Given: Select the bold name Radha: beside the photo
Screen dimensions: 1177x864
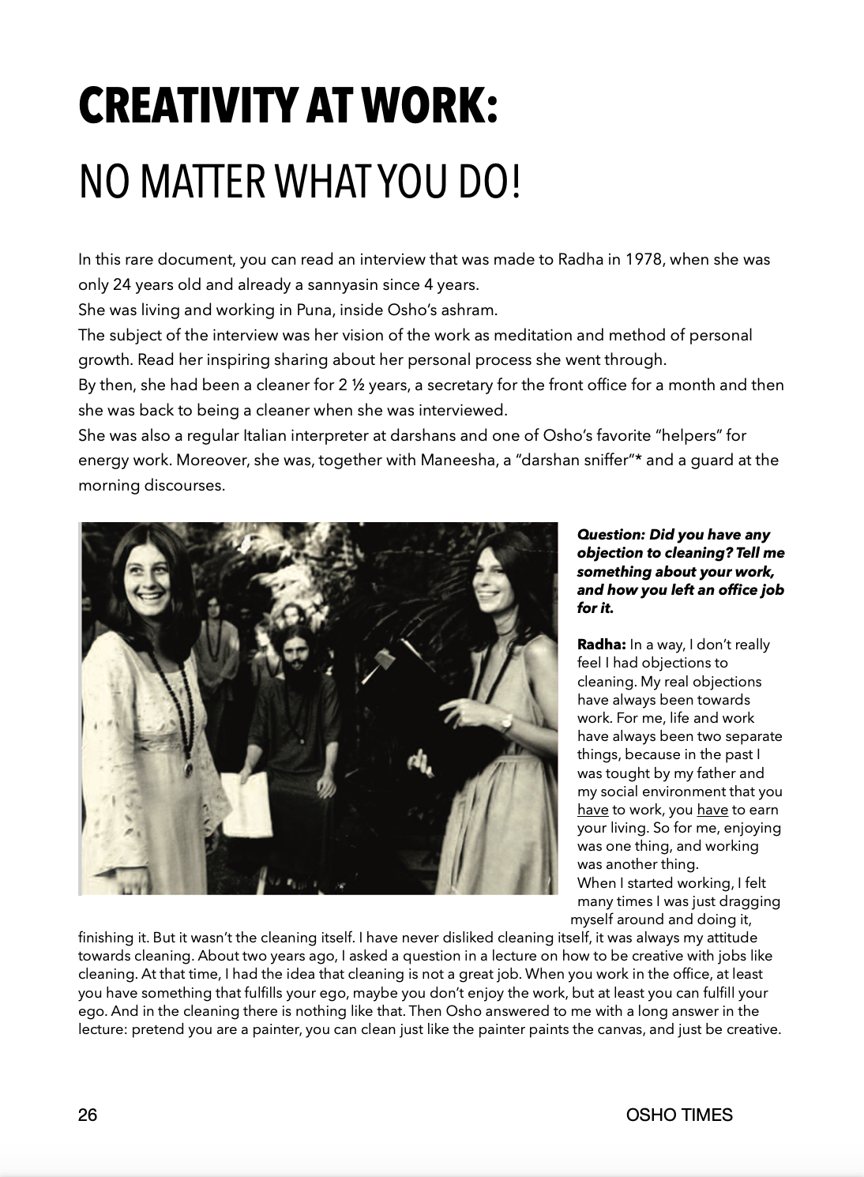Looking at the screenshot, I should pyautogui.click(x=601, y=645).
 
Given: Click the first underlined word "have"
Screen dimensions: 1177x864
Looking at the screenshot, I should pyautogui.click(x=592, y=810).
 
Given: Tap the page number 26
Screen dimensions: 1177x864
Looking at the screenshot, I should pyautogui.click(x=88, y=1115).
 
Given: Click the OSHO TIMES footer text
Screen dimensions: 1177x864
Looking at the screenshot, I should pyautogui.click(x=679, y=1115).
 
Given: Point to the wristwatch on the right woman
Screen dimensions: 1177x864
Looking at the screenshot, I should pyautogui.click(x=505, y=722).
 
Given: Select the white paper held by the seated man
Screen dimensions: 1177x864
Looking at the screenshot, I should pyautogui.click(x=247, y=805).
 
